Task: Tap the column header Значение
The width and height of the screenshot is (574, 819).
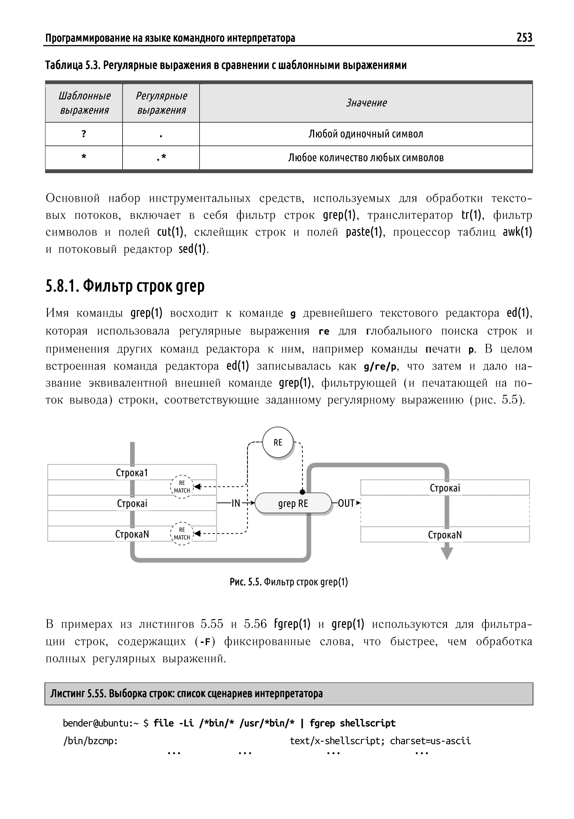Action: pos(366,103)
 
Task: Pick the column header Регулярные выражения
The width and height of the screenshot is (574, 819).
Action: pos(161,103)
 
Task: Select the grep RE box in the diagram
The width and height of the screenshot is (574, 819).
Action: pos(293,503)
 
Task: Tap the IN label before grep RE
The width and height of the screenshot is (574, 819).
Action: pos(236,503)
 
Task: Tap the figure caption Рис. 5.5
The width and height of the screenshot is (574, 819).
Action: pos(288,582)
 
